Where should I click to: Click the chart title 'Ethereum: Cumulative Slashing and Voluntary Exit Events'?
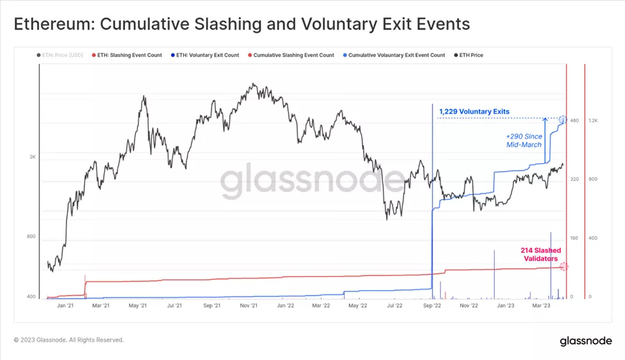(242, 24)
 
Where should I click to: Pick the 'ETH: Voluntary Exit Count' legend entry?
(207, 55)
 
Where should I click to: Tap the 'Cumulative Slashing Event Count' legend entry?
(293, 55)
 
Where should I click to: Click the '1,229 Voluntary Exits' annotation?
(474, 112)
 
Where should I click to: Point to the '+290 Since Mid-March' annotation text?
(524, 141)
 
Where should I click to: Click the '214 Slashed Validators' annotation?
(540, 254)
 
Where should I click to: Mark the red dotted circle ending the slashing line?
(563, 266)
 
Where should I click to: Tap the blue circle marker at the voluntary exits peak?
(563, 120)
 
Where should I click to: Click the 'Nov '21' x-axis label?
(248, 306)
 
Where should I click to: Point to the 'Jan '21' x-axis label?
(65, 306)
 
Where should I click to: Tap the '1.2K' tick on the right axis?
(594, 121)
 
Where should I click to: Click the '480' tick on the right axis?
(575, 121)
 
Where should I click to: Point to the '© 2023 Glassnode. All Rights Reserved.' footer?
(69, 340)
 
